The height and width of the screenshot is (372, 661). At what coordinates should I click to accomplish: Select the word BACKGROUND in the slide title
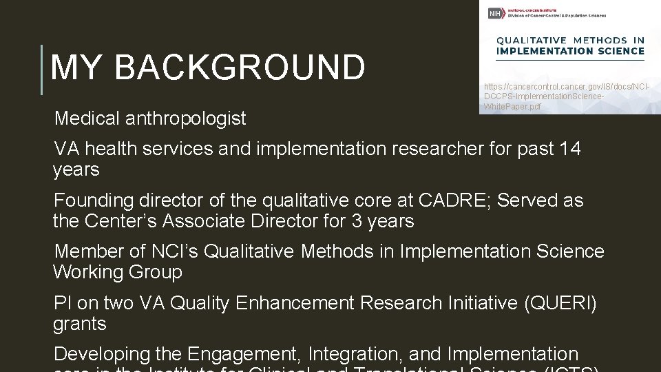pos(240,68)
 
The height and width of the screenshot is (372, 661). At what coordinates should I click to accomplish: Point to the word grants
pos(80,323)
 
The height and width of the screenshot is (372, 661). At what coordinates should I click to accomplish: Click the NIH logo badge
pos(494,14)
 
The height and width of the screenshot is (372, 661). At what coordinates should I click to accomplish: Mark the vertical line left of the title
pos(43,69)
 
